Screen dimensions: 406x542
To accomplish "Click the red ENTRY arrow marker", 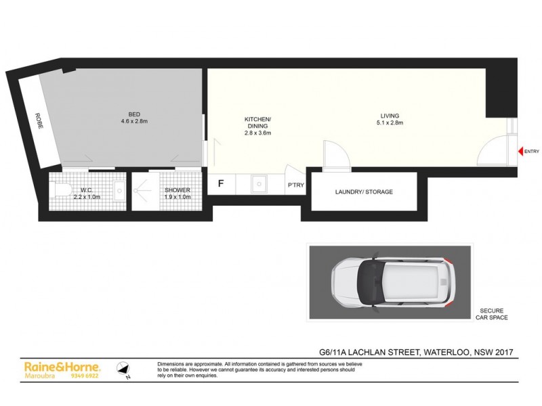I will [x=520, y=151].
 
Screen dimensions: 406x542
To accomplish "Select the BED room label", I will [x=134, y=114].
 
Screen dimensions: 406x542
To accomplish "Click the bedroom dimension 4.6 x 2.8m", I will [x=134, y=122].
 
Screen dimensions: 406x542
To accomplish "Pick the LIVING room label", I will [x=390, y=115].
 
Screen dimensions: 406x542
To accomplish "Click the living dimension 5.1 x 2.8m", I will [x=390, y=123].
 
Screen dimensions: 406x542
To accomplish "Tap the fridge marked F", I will [x=220, y=183].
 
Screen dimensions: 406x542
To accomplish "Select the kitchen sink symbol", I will [x=258, y=183].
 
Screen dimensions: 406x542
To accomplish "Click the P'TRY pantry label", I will [x=296, y=185].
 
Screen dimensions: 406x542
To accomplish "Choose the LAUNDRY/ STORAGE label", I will [x=364, y=192].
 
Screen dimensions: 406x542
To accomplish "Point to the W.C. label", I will [x=86, y=190].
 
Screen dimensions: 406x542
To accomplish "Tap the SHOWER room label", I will [x=178, y=190].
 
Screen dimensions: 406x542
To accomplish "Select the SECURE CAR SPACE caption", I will [x=491, y=314].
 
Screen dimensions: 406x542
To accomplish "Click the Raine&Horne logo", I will [x=62, y=366].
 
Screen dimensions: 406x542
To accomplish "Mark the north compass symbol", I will [x=122, y=369].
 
